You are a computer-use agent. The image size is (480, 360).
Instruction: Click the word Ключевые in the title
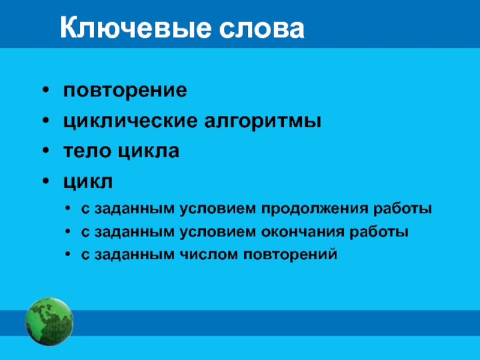point(136,28)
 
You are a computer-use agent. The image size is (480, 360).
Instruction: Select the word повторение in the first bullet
point(125,91)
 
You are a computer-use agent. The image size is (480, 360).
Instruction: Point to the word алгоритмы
point(263,121)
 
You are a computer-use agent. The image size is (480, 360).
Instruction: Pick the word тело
point(87,151)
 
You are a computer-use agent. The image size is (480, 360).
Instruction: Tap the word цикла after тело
point(149,152)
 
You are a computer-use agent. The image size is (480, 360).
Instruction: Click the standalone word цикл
point(88,182)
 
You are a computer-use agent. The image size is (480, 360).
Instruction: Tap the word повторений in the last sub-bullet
point(290,254)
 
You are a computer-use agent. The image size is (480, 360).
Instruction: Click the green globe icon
point(49,322)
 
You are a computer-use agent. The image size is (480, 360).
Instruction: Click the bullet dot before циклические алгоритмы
point(46,121)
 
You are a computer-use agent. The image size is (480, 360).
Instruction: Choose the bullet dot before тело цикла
point(46,151)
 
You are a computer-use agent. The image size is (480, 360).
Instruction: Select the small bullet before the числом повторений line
point(68,254)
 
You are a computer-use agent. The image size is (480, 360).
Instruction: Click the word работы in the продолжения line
point(403,209)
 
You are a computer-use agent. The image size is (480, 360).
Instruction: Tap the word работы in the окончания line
point(379,232)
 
